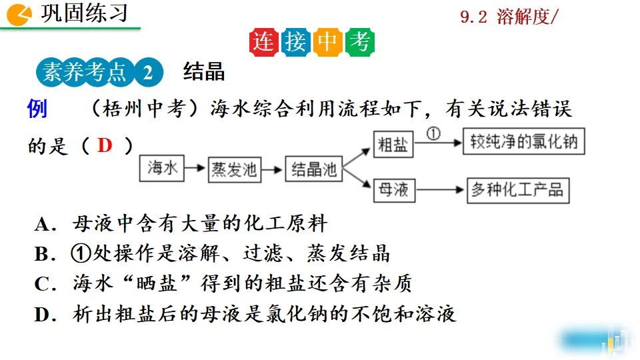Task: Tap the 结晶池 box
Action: (313, 169)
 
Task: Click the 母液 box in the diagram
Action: (393, 190)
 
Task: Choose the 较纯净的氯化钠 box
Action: (524, 143)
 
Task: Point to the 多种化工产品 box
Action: (517, 190)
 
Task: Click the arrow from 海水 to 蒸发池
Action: (195, 169)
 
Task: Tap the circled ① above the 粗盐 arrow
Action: (434, 133)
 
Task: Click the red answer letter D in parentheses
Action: (105, 145)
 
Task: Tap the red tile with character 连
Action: (264, 43)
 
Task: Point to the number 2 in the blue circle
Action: (147, 72)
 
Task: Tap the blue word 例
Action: (37, 108)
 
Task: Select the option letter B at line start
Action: (41, 254)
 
